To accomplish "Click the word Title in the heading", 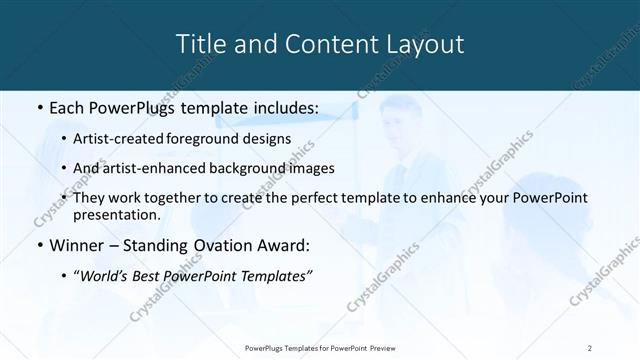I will pos(200,45).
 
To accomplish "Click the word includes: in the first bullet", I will pos(284,107).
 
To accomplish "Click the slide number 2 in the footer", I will pos(590,347).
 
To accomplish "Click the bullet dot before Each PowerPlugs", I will pos(38,107).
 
